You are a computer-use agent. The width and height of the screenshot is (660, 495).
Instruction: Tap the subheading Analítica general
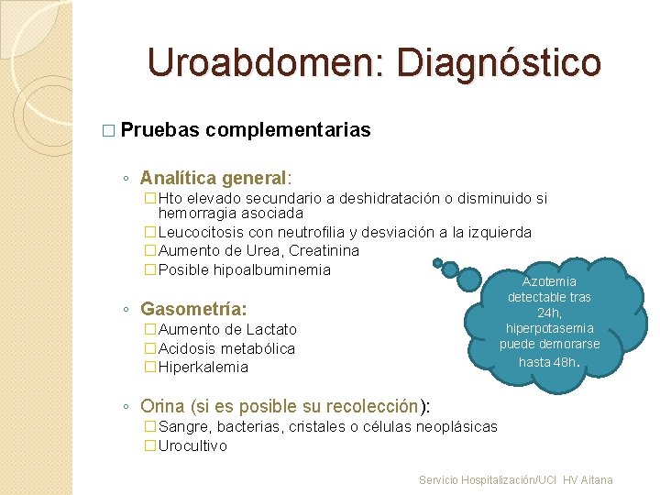(214, 177)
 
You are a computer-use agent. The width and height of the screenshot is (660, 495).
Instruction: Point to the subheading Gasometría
(193, 308)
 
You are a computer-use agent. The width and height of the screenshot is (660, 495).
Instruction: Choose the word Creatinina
(324, 250)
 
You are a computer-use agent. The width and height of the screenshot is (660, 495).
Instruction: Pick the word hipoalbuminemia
(271, 269)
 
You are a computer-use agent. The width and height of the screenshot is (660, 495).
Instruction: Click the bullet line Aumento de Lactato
(227, 329)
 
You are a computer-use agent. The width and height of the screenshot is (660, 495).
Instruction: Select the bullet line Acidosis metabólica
(226, 348)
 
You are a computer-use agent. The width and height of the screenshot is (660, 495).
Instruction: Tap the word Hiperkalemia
(203, 367)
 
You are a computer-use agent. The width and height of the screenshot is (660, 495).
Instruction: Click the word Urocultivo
(192, 445)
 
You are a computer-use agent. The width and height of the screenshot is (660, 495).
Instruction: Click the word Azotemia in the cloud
(549, 282)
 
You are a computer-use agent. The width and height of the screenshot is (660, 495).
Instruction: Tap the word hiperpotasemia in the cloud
(549, 328)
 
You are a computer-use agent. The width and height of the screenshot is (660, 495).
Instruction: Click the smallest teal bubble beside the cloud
(438, 263)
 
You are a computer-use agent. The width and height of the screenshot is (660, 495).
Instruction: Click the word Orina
(162, 406)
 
